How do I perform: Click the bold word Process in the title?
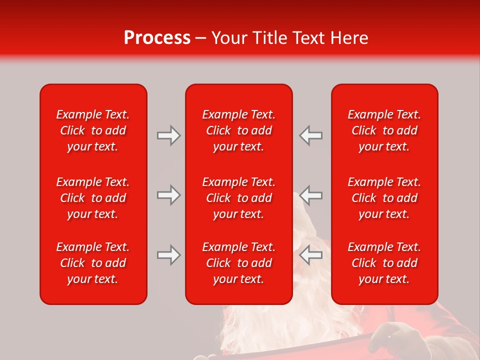tap(157, 38)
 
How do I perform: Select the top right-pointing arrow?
tap(168, 135)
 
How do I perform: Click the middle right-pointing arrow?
tap(168, 195)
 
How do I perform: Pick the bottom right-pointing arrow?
tap(168, 255)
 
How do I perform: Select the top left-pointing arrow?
tap(311, 135)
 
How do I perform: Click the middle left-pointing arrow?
tap(311, 195)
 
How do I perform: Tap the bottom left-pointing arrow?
tap(311, 255)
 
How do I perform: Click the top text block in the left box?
tap(93, 130)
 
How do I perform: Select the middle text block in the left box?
tap(93, 198)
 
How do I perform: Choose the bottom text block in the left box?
tap(93, 263)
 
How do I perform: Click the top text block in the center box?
tap(238, 130)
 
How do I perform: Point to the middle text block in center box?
tap(238, 198)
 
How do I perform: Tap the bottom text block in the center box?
tap(238, 263)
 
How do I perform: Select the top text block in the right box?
tap(384, 130)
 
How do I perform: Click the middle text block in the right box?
tap(384, 198)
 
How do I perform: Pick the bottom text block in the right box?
tap(384, 263)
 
